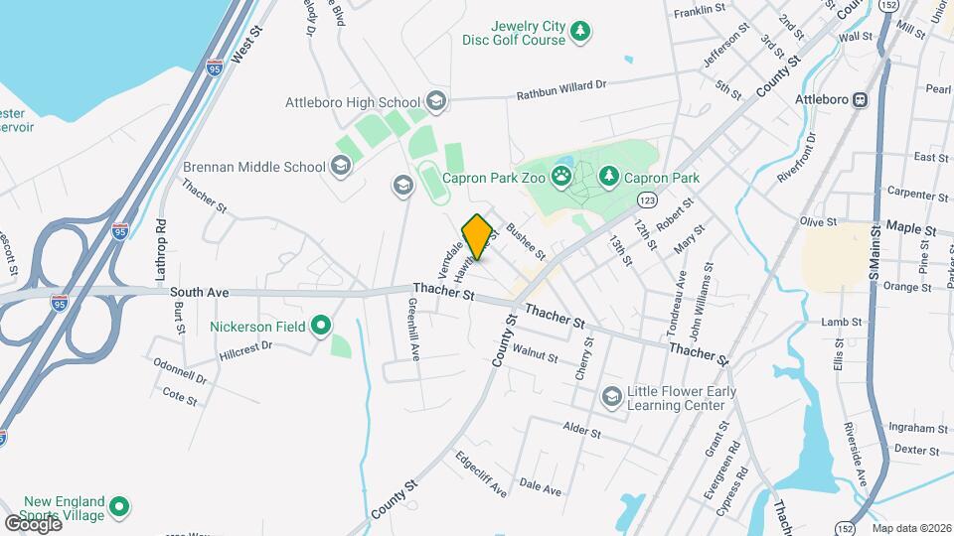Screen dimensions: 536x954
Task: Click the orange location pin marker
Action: tap(477, 236)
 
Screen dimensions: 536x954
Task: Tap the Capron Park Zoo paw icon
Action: tap(562, 178)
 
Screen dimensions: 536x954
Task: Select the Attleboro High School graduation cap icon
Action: tap(435, 101)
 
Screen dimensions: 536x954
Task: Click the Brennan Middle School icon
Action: tap(341, 166)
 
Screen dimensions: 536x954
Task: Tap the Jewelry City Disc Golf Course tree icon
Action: tap(579, 33)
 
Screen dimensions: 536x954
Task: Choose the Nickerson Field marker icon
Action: tap(320, 325)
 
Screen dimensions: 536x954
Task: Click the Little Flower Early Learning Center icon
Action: tap(611, 398)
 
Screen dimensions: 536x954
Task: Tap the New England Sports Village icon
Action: tap(120, 508)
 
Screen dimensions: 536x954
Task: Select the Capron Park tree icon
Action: tap(609, 178)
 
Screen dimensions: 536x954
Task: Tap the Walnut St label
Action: tap(535, 352)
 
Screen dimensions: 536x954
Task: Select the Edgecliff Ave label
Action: tap(481, 474)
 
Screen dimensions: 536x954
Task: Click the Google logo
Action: tap(32, 523)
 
